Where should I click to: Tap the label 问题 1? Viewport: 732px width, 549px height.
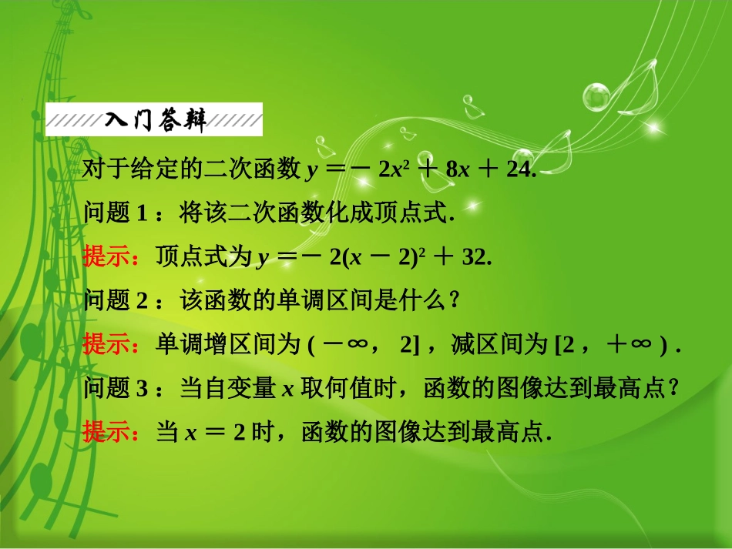coord(115,213)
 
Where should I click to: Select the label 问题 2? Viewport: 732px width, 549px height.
coord(115,300)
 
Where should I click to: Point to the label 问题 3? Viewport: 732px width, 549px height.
coord(115,389)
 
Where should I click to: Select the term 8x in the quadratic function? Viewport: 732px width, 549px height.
coord(458,170)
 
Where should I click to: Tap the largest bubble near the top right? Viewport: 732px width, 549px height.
coord(598,96)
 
